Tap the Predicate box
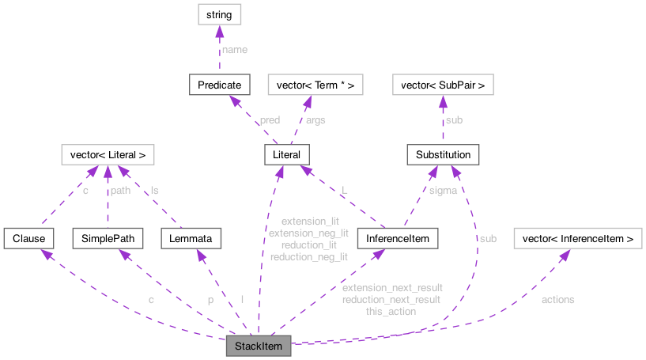coord(220,84)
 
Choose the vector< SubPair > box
coord(443,84)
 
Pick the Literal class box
coord(286,154)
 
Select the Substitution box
coord(443,154)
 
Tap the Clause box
coord(28,237)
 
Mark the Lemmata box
coord(191,237)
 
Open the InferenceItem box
coord(392,237)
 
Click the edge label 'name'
coord(234,49)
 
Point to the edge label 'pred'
coord(269,120)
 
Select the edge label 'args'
coord(315,120)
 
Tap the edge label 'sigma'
coord(443,191)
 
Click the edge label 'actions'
coord(557,300)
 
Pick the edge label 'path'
coord(120,191)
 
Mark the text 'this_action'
coord(391,312)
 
